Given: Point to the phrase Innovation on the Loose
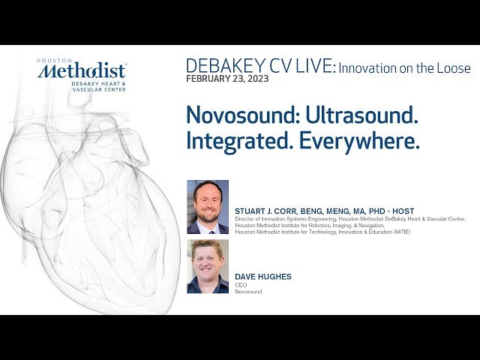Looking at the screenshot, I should (405, 68).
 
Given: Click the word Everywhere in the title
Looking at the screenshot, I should (359, 141).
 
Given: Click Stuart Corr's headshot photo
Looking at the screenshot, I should (208, 207).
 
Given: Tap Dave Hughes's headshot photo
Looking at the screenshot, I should (208, 266).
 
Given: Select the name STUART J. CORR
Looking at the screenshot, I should (268, 211).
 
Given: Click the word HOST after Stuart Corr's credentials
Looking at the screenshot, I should (401, 211).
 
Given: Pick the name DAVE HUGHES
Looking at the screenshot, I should (263, 277).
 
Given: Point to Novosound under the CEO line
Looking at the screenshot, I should (248, 291).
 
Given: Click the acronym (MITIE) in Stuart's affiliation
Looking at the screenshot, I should (399, 232).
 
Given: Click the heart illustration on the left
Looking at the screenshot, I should (82, 210).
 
